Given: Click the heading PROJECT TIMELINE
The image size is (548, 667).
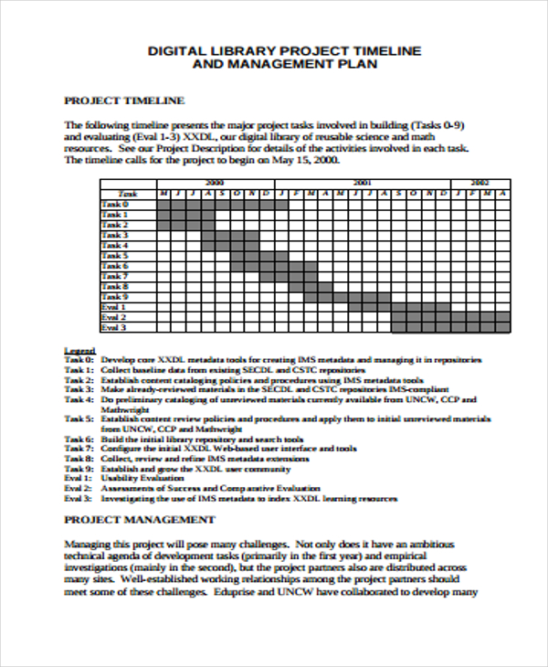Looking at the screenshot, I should pos(123,101).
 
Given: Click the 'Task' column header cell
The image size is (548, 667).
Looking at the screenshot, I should pos(128,194).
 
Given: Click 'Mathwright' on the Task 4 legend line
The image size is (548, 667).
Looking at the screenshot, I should pos(125,409).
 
